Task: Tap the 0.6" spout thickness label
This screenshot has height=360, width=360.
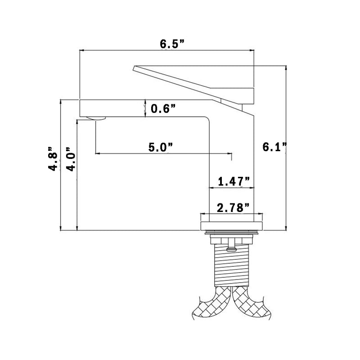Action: (x=163, y=108)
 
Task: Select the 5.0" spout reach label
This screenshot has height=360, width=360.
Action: (x=161, y=147)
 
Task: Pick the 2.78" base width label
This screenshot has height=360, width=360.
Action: (x=234, y=207)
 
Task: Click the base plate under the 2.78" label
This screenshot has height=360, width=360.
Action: (x=230, y=222)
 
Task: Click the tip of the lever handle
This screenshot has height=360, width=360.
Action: (x=135, y=68)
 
